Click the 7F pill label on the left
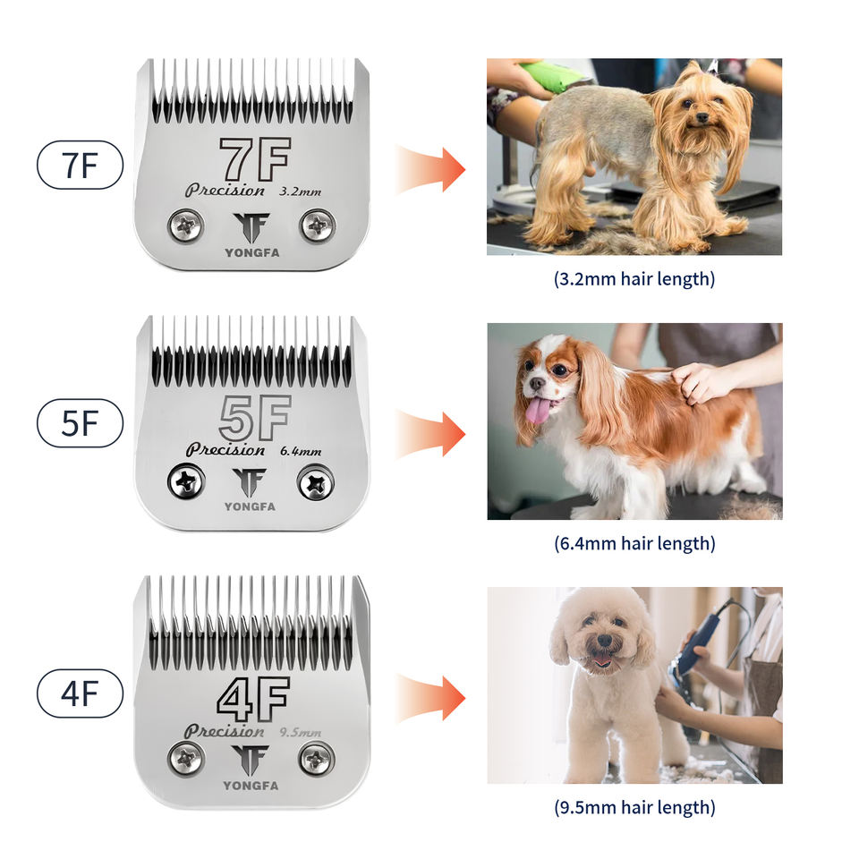[x=80, y=165]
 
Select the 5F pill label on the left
[x=80, y=423]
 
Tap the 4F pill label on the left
[x=80, y=693]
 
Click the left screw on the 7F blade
[x=186, y=225]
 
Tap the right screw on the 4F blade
[x=317, y=760]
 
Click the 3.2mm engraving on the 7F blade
[x=301, y=191]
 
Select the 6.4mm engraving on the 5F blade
[x=301, y=451]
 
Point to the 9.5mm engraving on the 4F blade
[x=301, y=732]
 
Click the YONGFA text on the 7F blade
[x=252, y=252]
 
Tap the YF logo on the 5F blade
[x=250, y=481]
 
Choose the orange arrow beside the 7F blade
[x=430, y=170]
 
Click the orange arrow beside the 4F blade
[x=430, y=699]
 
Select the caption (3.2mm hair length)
[x=634, y=279]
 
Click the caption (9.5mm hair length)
[x=634, y=807]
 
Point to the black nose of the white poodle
[x=605, y=641]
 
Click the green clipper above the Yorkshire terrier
[x=553, y=77]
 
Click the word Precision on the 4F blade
[x=225, y=731]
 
